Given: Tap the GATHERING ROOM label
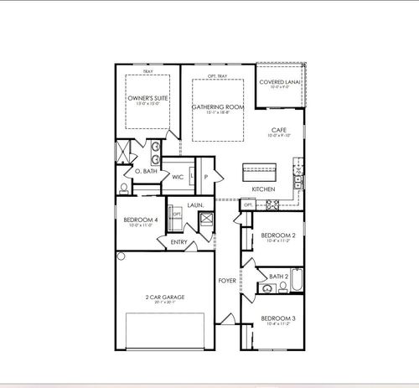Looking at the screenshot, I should pos(217,107).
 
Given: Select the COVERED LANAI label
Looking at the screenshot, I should pos(281,82).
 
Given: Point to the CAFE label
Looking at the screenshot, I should pos(280,129).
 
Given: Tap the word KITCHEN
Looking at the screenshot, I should pos(264,189).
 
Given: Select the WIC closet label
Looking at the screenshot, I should pos(178,177).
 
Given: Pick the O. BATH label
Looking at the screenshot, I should pos(147,171).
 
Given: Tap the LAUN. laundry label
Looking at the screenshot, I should pos(195,204).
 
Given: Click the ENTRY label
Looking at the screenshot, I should pos(178,242).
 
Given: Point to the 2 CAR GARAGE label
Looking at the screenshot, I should pos(164,297).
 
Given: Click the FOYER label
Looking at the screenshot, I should pos(227,280).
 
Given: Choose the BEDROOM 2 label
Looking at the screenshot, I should pos(277,235).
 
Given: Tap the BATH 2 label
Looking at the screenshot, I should pos(279,276).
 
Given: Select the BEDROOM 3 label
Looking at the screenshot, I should pos(277,318).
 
